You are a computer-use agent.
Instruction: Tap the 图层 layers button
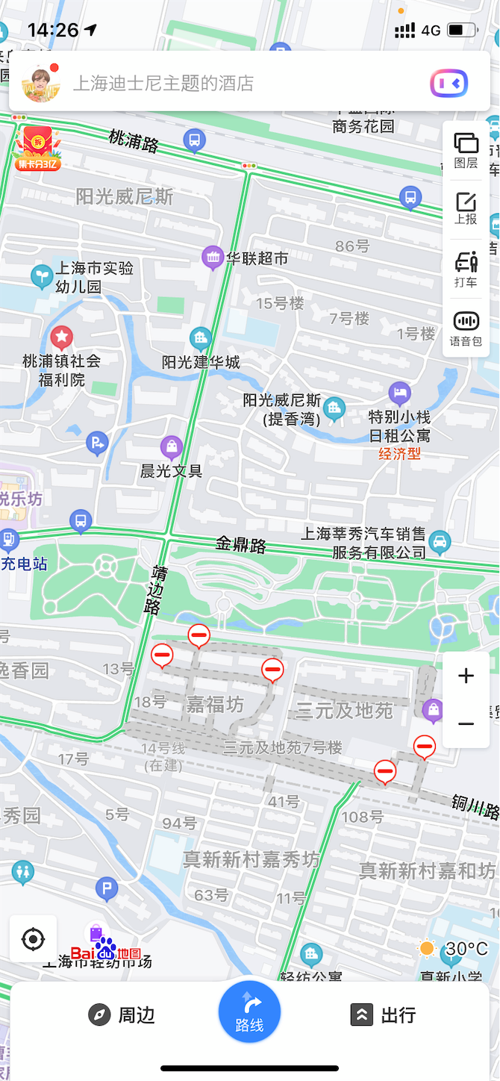point(466,150)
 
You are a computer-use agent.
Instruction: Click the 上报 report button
point(466,208)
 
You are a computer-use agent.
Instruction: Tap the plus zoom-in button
point(466,676)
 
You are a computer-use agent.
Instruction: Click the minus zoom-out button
point(466,724)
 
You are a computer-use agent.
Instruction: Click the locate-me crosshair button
point(34,938)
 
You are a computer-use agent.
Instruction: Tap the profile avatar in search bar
point(41,82)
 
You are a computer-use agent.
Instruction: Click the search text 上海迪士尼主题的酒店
point(163,83)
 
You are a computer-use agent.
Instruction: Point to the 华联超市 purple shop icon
point(213,258)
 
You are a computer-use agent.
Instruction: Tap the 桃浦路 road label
point(134,140)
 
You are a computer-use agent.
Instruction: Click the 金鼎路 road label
point(241,544)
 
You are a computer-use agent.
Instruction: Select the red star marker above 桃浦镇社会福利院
point(61,337)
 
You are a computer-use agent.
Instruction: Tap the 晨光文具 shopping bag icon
point(172,448)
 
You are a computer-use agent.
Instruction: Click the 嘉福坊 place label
point(215,704)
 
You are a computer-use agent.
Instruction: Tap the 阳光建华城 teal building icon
point(200,339)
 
